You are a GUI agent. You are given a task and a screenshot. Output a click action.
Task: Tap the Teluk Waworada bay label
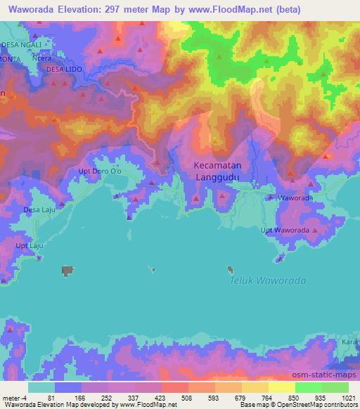268,281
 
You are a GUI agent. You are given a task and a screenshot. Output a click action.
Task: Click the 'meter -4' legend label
13,397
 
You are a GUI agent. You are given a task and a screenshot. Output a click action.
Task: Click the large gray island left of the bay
67,270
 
